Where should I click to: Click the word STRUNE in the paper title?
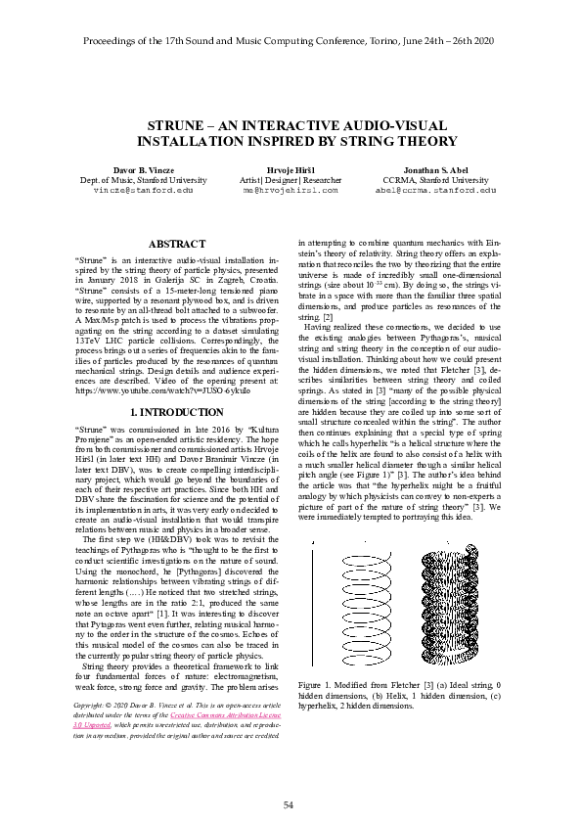(181, 126)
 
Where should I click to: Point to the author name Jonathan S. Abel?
(435, 170)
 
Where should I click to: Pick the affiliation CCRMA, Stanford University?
(435, 180)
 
